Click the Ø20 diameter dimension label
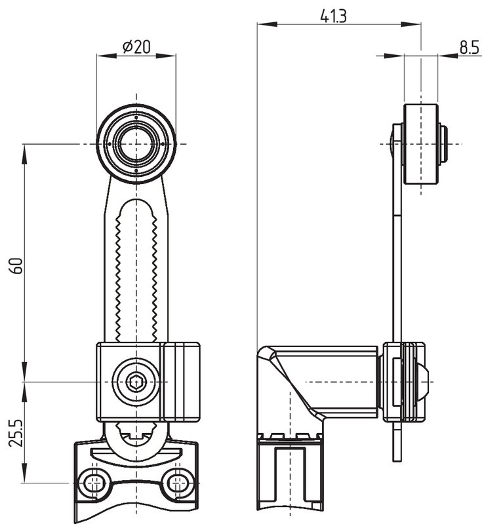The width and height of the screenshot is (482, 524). click(136, 47)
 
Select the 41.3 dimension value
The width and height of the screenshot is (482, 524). click(333, 16)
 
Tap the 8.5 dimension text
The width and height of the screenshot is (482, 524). click(470, 47)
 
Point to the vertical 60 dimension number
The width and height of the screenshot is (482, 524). click(17, 266)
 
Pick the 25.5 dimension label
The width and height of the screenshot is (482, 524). click(16, 433)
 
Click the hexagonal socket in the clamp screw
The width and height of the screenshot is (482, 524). click(136, 382)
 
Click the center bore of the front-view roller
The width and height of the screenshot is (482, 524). click(136, 144)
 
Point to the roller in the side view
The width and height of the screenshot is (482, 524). click(421, 144)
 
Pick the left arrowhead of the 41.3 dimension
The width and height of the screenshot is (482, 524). click(267, 24)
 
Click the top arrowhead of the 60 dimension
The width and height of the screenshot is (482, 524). click(24, 154)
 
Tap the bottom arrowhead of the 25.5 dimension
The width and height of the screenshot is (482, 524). click(24, 473)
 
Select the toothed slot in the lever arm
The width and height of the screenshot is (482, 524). click(136, 271)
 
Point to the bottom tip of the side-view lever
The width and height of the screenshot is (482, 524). click(397, 461)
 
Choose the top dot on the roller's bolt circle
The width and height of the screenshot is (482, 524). click(136, 118)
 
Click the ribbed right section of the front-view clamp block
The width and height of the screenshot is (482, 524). click(180, 382)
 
